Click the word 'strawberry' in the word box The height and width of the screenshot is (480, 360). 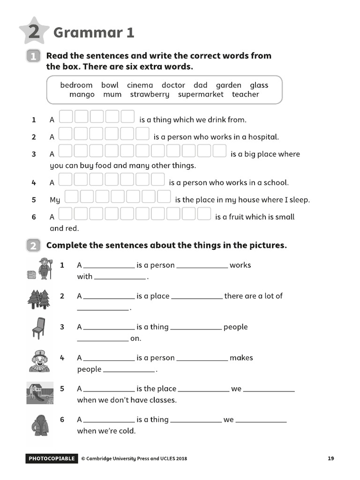(x=150, y=94)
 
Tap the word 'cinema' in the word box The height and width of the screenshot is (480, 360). (x=140, y=85)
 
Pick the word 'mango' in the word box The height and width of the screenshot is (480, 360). (x=82, y=94)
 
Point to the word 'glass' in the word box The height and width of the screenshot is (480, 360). (x=259, y=85)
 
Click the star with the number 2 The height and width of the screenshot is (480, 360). (x=34, y=32)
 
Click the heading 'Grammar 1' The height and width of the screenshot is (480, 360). (x=94, y=33)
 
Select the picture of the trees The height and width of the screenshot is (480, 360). (x=38, y=300)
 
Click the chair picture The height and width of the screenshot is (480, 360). (x=38, y=328)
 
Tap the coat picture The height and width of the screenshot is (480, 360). (x=39, y=425)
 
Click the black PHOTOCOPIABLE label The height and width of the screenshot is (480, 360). (x=51, y=458)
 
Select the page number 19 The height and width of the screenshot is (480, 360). (x=331, y=458)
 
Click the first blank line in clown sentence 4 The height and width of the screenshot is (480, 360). (x=109, y=358)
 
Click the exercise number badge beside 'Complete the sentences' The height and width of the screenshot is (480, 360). (x=34, y=246)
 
